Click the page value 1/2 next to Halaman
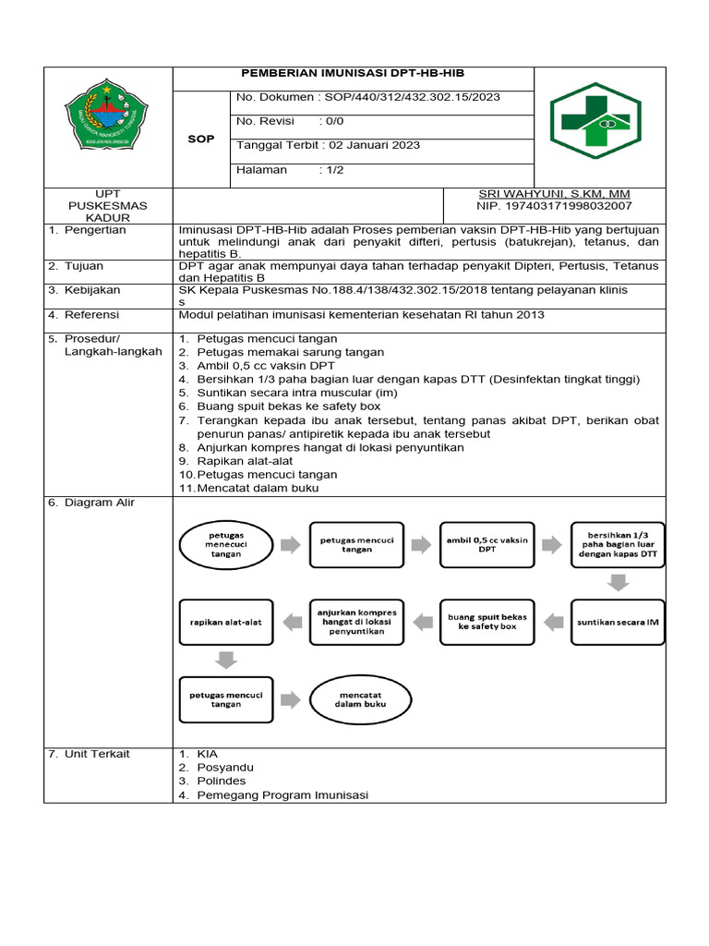330,170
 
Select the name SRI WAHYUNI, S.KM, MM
553,194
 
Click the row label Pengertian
95,230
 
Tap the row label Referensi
94,315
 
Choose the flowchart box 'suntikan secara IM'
618,623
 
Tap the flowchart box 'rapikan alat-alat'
225,623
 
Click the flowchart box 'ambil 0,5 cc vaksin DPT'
487,545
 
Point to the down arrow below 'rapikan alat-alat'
225,660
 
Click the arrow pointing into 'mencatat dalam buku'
290,698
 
